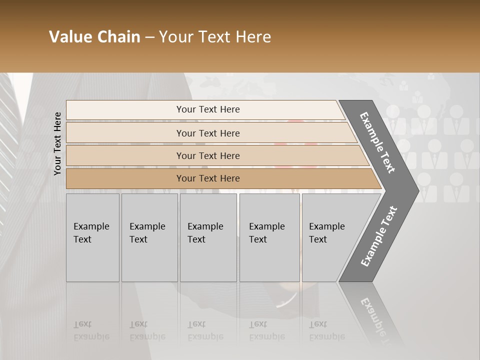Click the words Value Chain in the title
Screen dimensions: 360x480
click(x=94, y=37)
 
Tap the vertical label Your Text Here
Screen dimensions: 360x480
click(x=57, y=143)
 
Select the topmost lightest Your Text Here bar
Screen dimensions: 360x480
click(x=208, y=109)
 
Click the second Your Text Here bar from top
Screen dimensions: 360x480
click(x=208, y=133)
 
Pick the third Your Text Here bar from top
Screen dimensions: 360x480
click(x=208, y=155)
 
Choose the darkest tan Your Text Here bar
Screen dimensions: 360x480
click(x=208, y=178)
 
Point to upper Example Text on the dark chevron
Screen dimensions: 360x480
click(x=377, y=142)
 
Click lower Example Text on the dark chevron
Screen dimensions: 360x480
click(x=378, y=236)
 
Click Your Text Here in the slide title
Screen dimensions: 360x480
click(x=215, y=37)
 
